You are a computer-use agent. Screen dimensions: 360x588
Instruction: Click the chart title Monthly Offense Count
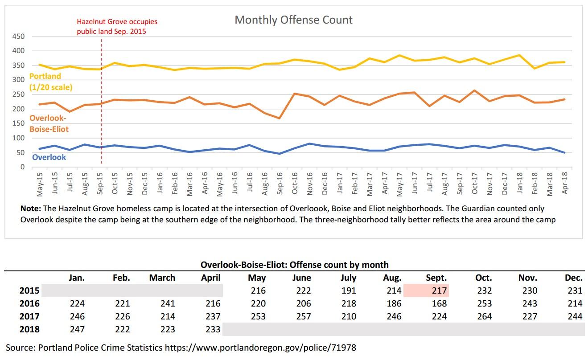(x=293, y=20)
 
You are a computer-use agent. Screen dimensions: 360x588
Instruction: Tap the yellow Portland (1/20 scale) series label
(x=50, y=82)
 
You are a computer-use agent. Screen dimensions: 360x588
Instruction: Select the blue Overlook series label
(x=49, y=157)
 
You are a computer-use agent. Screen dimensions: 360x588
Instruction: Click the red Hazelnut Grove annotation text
(x=117, y=26)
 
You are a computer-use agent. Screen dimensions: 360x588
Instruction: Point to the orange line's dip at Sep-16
(x=279, y=118)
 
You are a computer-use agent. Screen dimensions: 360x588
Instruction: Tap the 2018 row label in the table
(x=29, y=329)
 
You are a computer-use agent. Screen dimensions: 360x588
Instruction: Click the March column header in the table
(x=162, y=278)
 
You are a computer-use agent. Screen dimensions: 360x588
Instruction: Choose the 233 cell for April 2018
(x=212, y=329)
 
